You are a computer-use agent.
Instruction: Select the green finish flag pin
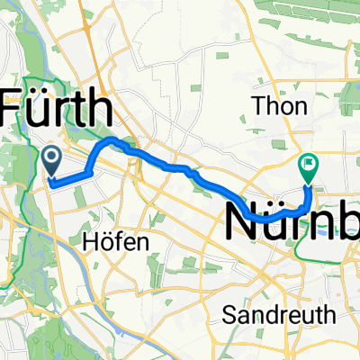[x=309, y=165]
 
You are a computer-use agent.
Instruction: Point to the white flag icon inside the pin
[x=309, y=163]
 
